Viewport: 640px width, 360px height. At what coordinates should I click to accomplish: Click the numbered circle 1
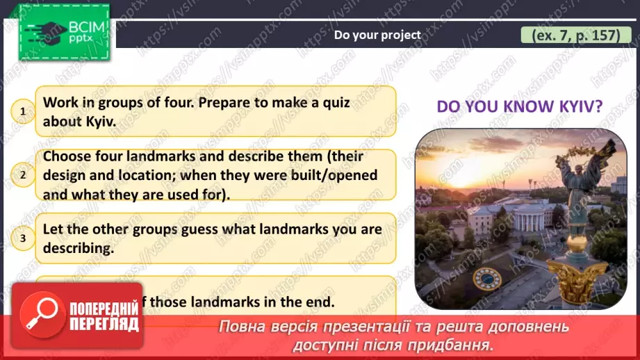pyautogui.click(x=23, y=111)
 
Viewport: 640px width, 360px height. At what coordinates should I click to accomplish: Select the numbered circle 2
pyautogui.click(x=23, y=175)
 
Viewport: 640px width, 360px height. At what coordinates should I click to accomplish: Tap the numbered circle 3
pyautogui.click(x=23, y=238)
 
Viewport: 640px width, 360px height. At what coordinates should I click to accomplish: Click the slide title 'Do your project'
pyautogui.click(x=377, y=35)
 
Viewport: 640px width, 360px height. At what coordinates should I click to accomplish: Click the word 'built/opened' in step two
pyautogui.click(x=336, y=175)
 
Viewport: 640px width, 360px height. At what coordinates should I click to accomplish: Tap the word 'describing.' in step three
pyautogui.click(x=78, y=248)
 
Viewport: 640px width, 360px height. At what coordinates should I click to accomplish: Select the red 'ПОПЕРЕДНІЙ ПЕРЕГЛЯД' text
pyautogui.click(x=104, y=317)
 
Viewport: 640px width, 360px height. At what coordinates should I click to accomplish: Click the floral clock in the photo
pyautogui.click(x=486, y=279)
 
